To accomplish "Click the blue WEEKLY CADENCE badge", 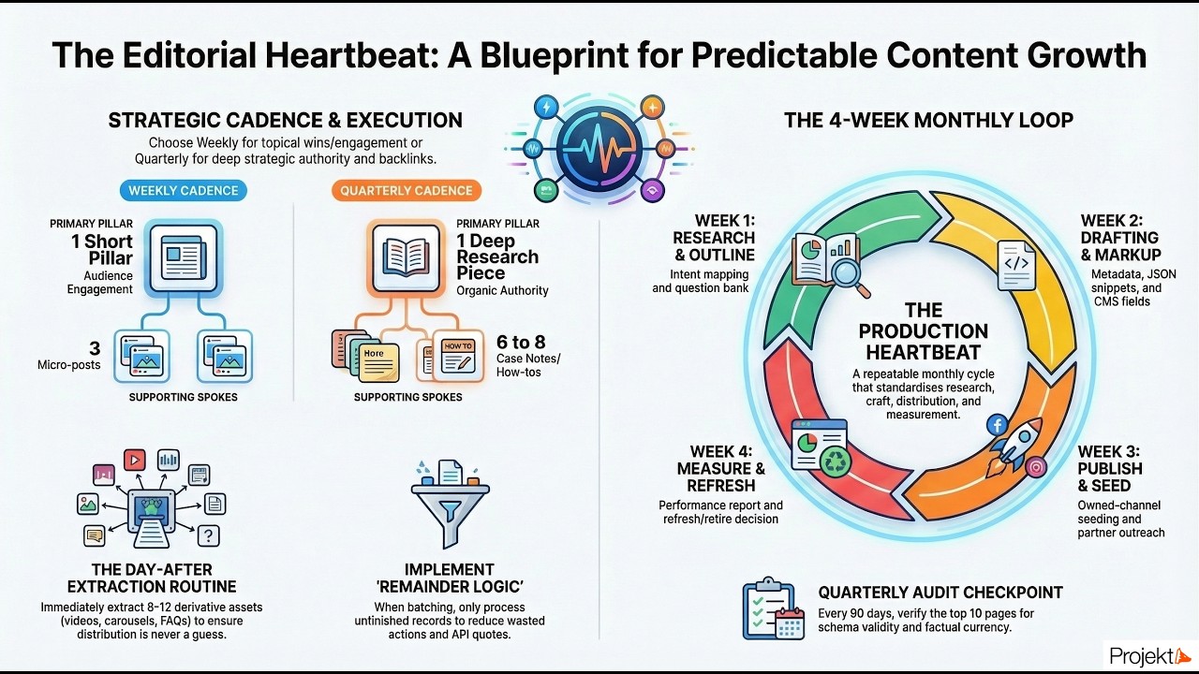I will (x=183, y=191).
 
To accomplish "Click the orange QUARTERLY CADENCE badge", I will (x=407, y=191).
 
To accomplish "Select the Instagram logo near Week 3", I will (x=1036, y=467).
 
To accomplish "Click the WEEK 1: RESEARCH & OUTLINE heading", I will (x=713, y=238).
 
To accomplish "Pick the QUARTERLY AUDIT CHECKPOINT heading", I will (x=940, y=592).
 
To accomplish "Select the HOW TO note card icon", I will (x=458, y=355).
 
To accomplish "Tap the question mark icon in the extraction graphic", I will (x=208, y=535).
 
